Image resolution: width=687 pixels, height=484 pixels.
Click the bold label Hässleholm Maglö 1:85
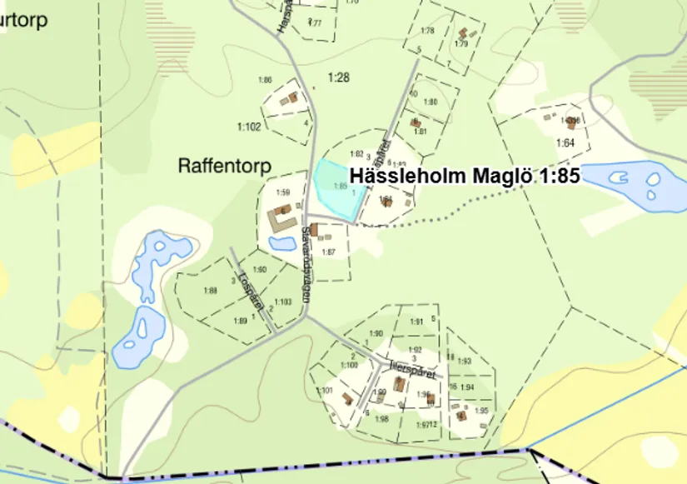(x=464, y=177)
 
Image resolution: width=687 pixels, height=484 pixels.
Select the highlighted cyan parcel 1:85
(x=336, y=187)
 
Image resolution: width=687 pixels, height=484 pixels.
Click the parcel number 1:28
(x=338, y=77)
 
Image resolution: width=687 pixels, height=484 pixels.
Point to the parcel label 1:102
(x=249, y=127)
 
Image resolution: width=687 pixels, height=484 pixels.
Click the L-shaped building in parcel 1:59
(x=280, y=222)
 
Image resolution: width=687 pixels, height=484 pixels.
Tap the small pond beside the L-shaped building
(x=281, y=244)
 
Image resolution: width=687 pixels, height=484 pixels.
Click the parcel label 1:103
(x=282, y=302)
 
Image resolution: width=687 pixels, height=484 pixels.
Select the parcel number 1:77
(x=315, y=22)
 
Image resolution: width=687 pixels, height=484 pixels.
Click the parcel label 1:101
(x=325, y=390)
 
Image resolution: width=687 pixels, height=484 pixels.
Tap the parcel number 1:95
(x=481, y=411)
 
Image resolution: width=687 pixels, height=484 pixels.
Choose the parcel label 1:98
(x=382, y=419)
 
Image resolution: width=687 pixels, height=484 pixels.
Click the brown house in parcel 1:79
(x=461, y=34)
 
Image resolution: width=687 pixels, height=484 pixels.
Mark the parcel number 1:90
(x=376, y=334)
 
